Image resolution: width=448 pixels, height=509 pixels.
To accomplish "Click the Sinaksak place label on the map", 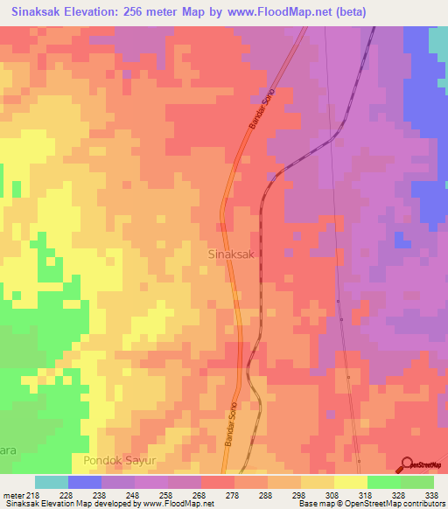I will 232,254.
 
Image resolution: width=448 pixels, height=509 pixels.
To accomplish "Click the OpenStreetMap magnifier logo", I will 405,463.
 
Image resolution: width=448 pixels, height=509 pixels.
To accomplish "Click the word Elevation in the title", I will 97,12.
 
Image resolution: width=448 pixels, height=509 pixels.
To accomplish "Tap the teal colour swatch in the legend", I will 52,482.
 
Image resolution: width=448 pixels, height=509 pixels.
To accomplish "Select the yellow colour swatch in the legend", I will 351,482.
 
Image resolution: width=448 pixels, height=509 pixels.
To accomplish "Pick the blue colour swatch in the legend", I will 85,482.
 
